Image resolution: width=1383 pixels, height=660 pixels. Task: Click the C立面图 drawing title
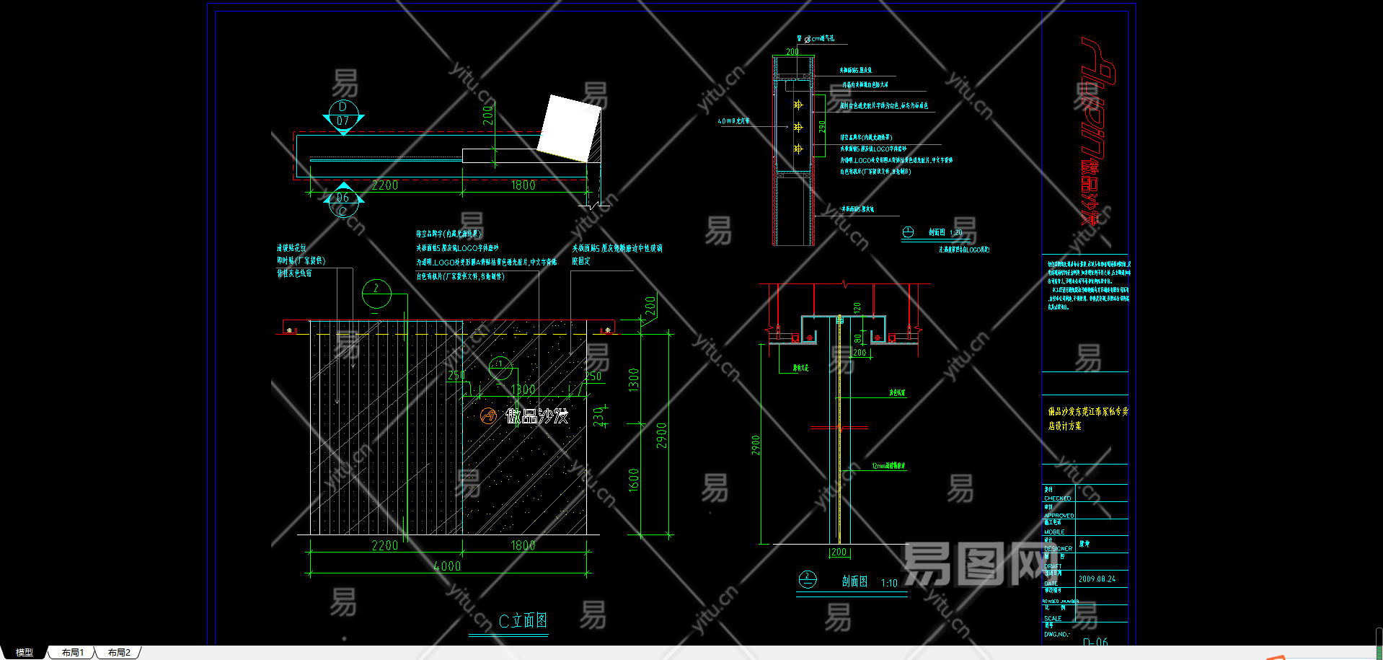point(523,620)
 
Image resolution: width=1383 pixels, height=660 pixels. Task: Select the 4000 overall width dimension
point(447,566)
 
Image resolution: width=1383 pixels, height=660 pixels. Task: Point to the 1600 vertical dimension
point(633,480)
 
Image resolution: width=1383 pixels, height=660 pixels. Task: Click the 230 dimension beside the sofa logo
point(598,416)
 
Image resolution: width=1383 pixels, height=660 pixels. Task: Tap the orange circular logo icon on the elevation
point(489,415)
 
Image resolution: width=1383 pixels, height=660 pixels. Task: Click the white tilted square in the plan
point(570,128)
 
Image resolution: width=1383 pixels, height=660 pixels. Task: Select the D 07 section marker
point(343,115)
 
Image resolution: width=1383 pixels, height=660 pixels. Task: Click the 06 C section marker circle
point(343,202)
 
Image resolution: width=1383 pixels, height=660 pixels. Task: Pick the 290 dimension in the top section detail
point(822,126)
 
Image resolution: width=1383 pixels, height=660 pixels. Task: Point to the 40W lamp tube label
point(733,121)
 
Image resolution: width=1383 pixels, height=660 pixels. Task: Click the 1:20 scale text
point(956,232)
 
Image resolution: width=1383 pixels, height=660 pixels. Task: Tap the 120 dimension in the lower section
point(857,307)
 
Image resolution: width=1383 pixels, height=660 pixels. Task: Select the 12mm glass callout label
point(888,466)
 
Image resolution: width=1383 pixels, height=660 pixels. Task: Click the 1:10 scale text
point(889,583)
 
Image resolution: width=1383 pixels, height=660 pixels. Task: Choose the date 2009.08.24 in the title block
point(1097,578)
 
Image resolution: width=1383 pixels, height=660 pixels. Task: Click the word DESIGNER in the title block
point(1058,548)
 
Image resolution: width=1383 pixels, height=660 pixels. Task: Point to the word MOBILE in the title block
point(1054,532)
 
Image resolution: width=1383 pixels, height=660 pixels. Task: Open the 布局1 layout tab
point(72,652)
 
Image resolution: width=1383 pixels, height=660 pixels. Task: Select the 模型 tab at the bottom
point(25,652)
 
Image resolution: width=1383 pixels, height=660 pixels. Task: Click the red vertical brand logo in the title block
point(1097,130)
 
